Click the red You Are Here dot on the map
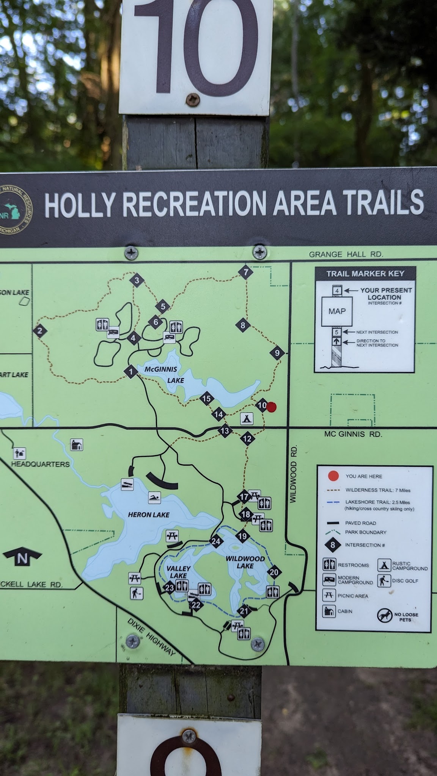coord(272,407)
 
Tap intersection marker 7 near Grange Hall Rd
coord(246,272)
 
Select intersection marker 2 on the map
coord(40,331)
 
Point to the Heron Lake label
coord(149,515)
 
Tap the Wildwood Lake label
coord(245,562)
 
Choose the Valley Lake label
coord(178,572)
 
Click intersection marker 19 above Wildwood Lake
coord(242,536)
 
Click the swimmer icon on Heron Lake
coord(154,498)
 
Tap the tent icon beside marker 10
coord(247,419)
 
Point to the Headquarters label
coord(40,464)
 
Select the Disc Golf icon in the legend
coord(384,580)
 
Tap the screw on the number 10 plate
coord(192,100)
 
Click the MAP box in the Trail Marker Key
coord(337,311)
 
